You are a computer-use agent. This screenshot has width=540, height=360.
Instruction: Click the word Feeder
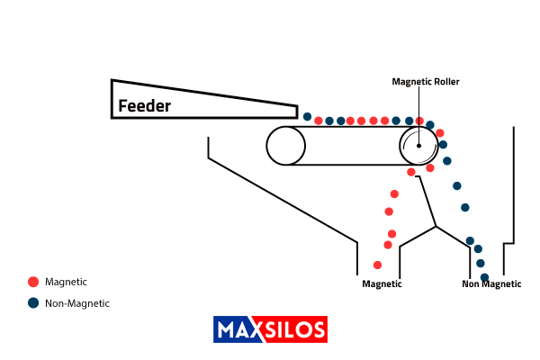[x=144, y=106]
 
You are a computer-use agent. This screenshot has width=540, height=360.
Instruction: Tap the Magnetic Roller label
[x=426, y=81]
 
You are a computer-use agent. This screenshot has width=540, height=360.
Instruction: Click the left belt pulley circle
[x=285, y=145]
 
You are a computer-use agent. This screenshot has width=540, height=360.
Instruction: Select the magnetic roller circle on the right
[x=419, y=145]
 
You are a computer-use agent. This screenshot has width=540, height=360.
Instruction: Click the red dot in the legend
[x=33, y=282]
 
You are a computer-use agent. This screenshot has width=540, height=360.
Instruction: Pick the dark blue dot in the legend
[x=33, y=303]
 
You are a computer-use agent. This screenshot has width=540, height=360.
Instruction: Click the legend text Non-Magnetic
[x=76, y=303]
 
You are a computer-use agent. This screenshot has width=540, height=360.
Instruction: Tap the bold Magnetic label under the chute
[x=382, y=284]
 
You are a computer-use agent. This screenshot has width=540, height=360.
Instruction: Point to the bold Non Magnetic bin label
[x=491, y=284]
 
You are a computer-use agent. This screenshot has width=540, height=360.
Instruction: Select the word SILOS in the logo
[x=296, y=329]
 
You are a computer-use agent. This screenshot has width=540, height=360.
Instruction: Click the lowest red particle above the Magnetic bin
[x=377, y=265]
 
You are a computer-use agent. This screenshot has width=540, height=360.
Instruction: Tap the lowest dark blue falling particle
[x=484, y=277]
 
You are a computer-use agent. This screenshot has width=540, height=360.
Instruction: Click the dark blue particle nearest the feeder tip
[x=307, y=117]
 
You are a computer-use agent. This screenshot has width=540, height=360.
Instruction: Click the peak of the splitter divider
[x=436, y=225]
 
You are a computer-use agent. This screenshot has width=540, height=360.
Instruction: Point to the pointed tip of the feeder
[x=296, y=112]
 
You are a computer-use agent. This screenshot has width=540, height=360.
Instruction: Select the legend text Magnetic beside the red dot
[x=66, y=282]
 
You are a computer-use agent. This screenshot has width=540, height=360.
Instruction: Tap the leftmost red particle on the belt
[x=319, y=121]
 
